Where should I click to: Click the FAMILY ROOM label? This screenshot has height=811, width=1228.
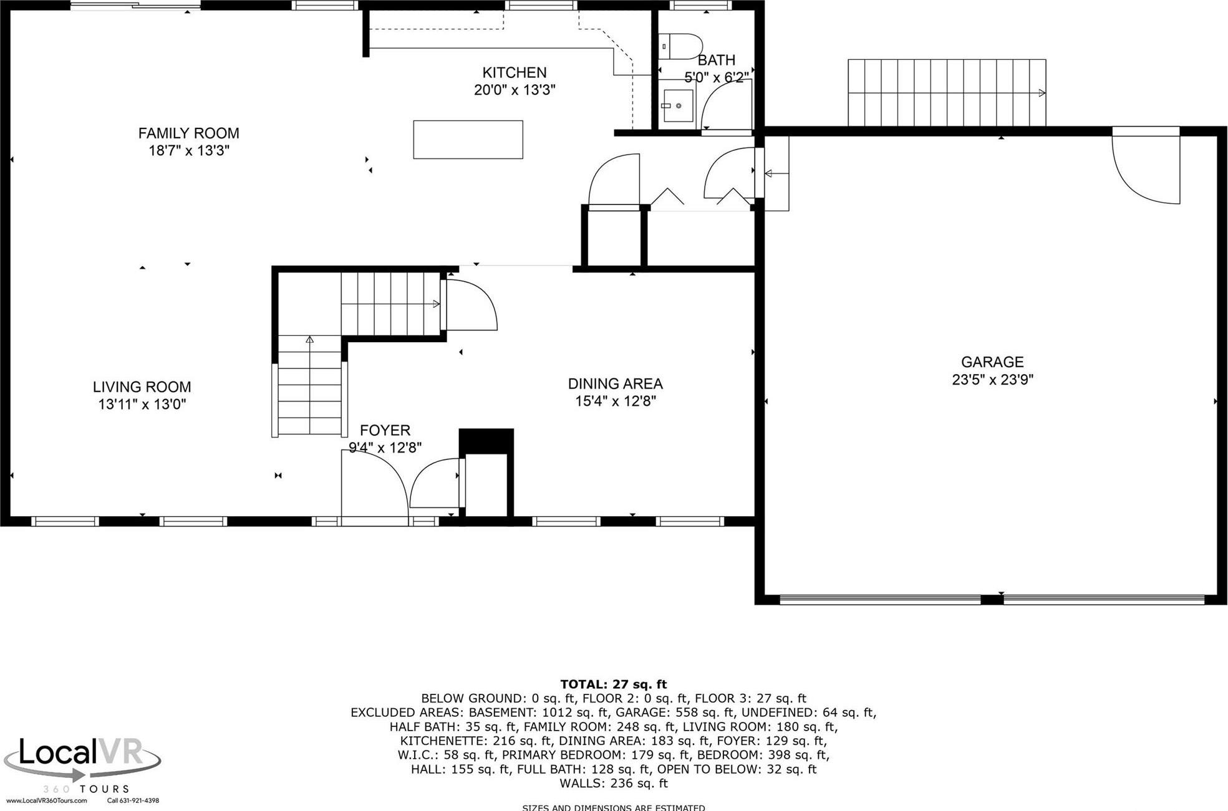coord(188,133)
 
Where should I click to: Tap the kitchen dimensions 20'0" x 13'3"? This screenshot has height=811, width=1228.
coord(515,90)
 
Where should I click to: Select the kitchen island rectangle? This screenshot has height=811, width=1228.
coord(468,140)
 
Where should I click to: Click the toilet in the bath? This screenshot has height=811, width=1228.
coord(680,46)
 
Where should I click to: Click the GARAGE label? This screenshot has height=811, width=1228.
coord(992,362)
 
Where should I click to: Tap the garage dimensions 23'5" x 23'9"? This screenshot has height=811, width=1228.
coord(992,380)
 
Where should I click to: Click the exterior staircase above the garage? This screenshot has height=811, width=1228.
coord(946,92)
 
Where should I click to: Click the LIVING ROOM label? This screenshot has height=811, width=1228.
coord(142,386)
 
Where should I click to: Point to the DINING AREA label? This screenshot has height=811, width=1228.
coord(615,383)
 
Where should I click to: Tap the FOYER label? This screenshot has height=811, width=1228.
coord(385,430)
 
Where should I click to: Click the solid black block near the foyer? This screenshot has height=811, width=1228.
coord(486,441)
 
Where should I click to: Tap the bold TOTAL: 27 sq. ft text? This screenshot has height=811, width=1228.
coord(613,684)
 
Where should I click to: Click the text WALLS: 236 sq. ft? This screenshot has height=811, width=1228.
coord(613,783)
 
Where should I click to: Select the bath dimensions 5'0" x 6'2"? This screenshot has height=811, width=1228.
coord(716,77)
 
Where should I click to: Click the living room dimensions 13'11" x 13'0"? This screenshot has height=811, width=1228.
coord(142,404)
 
